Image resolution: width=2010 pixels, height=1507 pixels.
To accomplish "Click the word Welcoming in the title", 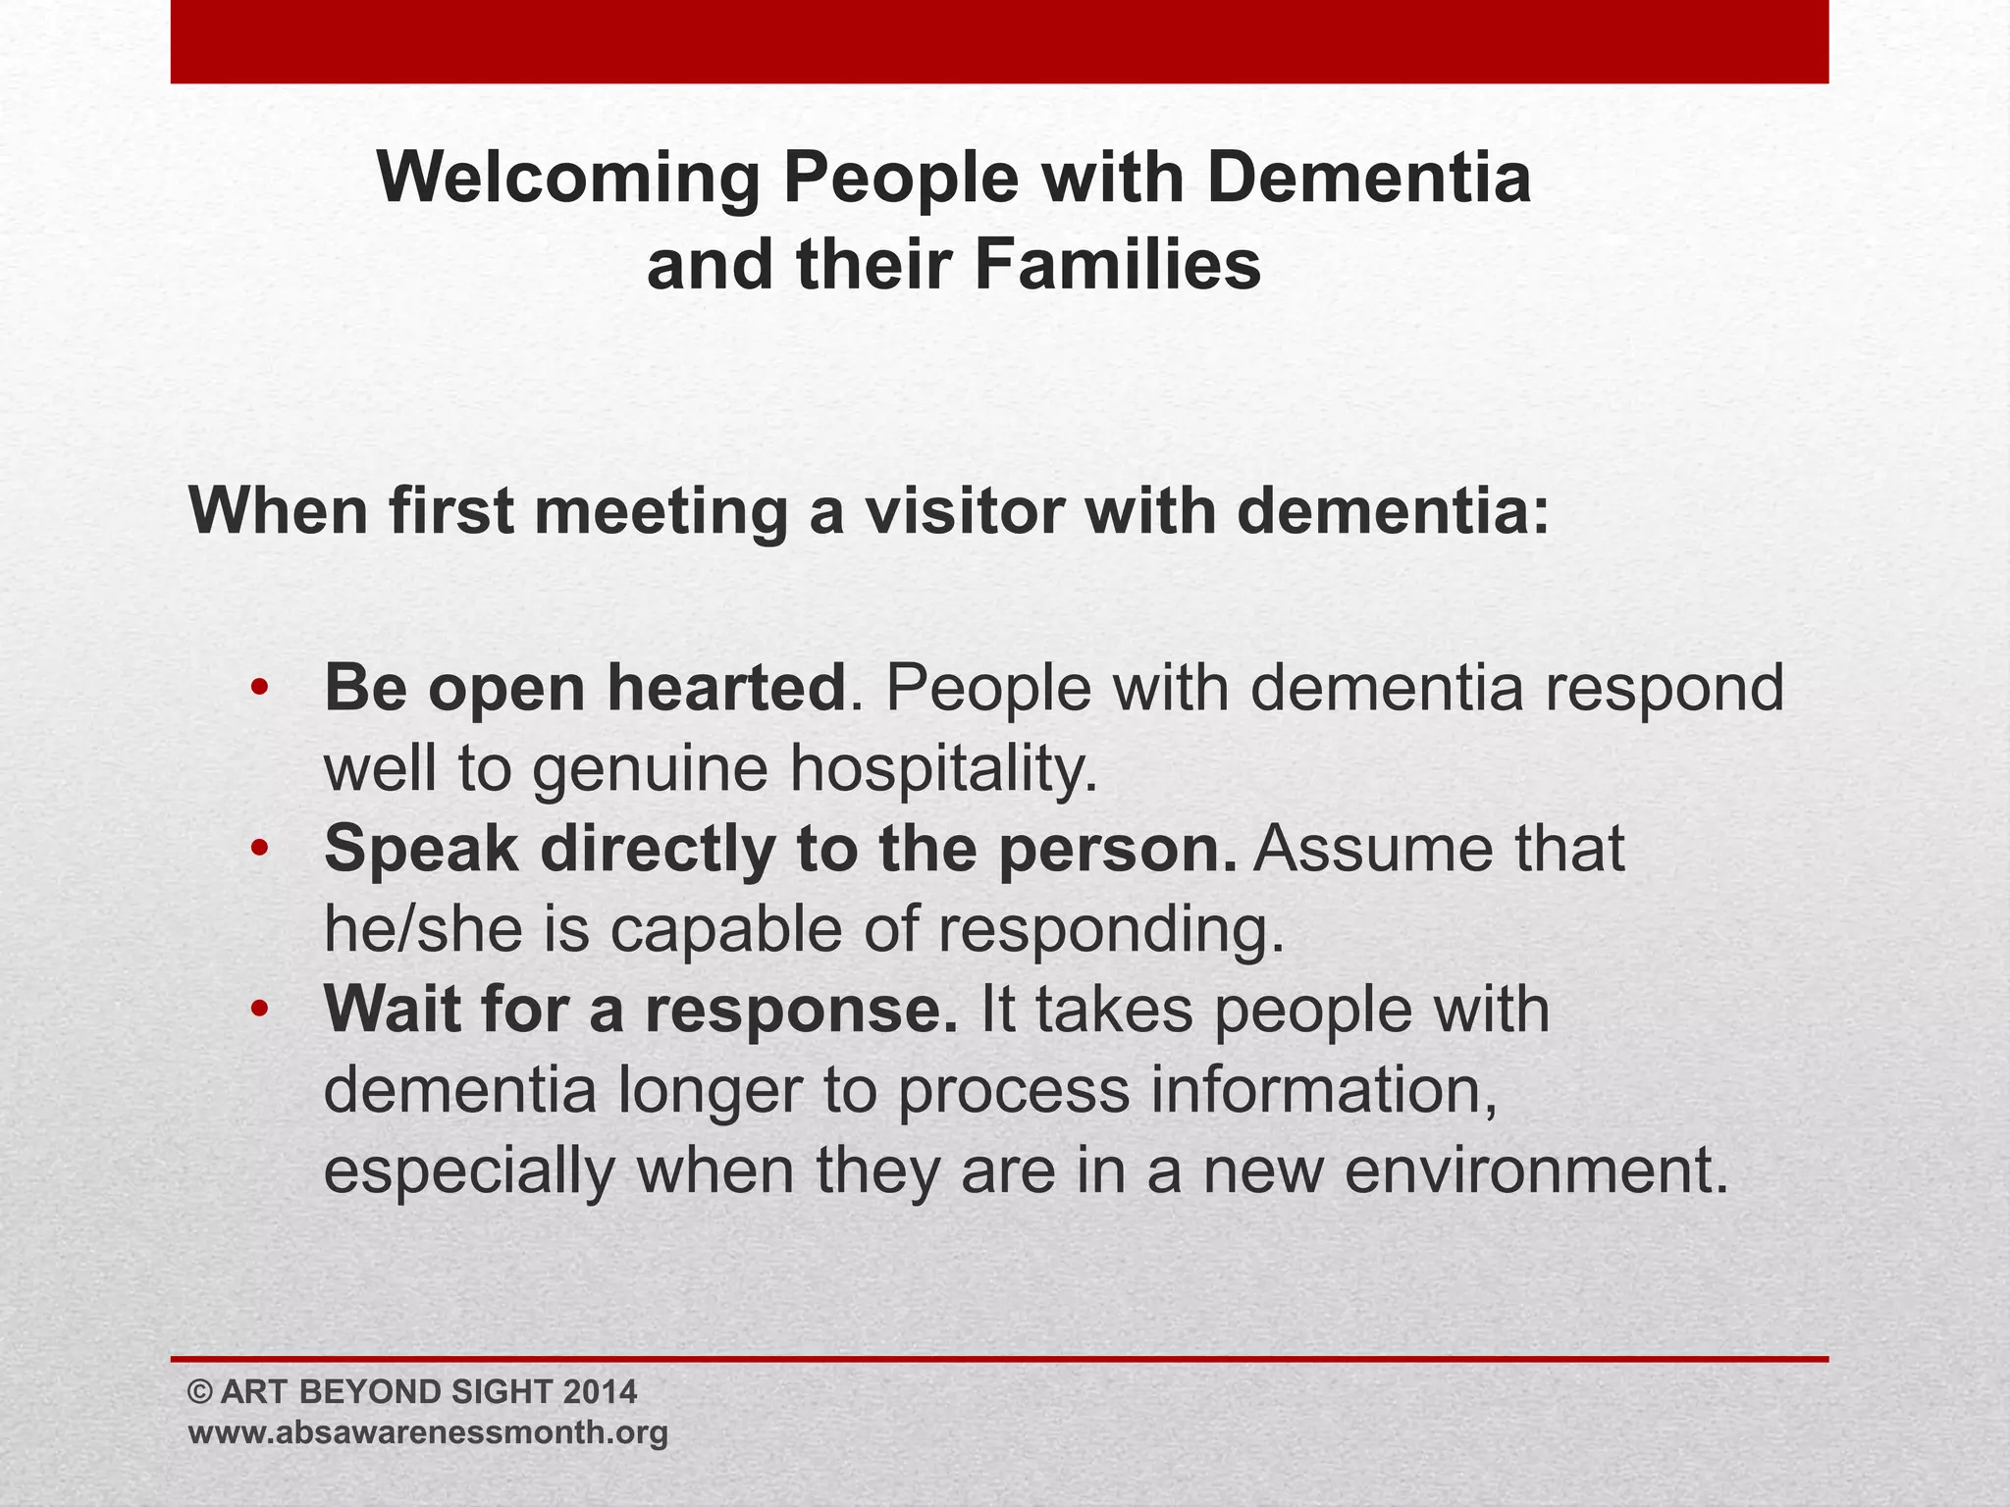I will point(569,179).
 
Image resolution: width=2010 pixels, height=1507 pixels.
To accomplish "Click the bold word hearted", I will point(726,688).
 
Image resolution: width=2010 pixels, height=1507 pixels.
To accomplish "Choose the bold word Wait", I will point(392,1010).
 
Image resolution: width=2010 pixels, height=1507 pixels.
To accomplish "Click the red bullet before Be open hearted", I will point(258,688).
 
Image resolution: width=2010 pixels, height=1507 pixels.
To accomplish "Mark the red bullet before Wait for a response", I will point(258,1010).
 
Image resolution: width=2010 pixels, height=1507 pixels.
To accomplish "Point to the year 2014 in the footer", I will point(601,1391).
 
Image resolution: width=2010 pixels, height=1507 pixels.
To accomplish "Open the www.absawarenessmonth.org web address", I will point(428,1431).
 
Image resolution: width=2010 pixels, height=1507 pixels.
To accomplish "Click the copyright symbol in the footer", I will point(200,1391).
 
